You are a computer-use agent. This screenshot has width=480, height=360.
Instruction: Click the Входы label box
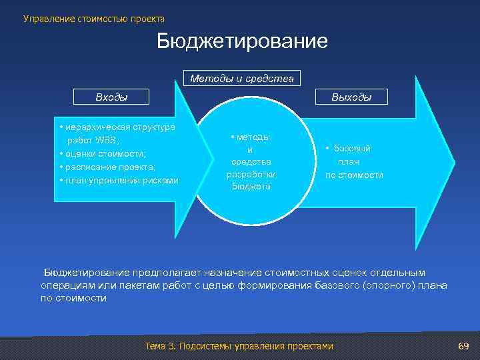[x=111, y=97]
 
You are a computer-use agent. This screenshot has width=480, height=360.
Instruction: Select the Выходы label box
[x=351, y=97]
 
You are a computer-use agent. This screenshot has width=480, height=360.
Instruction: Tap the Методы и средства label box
[x=241, y=78]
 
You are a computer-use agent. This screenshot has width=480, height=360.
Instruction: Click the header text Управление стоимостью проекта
[x=93, y=19]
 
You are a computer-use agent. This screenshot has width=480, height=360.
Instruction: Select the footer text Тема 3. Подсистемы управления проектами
[x=238, y=346]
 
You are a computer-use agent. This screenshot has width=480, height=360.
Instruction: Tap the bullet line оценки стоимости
[x=103, y=153]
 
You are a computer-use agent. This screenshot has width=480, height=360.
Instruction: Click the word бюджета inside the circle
[x=251, y=187]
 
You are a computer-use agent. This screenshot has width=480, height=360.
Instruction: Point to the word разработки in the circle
[x=251, y=175]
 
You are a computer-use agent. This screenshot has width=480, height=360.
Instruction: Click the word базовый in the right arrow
[x=353, y=149]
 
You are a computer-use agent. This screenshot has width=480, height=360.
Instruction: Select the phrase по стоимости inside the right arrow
[x=354, y=175]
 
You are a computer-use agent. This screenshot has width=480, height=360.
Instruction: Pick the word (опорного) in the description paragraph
[x=390, y=285]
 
